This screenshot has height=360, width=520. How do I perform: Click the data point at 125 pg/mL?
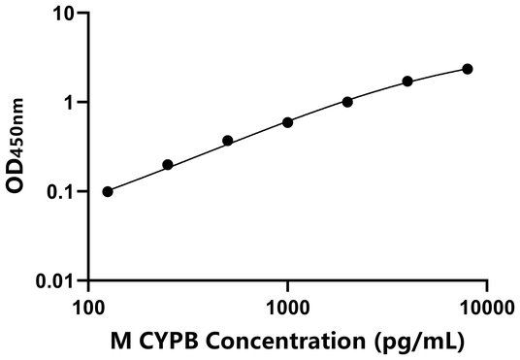[108, 191]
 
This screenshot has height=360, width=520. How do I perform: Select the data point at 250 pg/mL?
[168, 165]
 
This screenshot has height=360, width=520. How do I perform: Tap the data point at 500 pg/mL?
[228, 141]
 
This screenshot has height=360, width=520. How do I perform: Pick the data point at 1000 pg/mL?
[288, 122]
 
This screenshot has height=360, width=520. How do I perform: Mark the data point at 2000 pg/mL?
[347, 101]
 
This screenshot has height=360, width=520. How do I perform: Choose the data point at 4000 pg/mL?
[407, 82]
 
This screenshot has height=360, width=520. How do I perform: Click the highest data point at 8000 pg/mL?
[468, 69]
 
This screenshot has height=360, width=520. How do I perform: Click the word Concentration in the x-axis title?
[297, 341]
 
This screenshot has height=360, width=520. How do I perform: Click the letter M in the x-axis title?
[122, 341]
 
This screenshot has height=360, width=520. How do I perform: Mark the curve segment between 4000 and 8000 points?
[438, 74]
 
